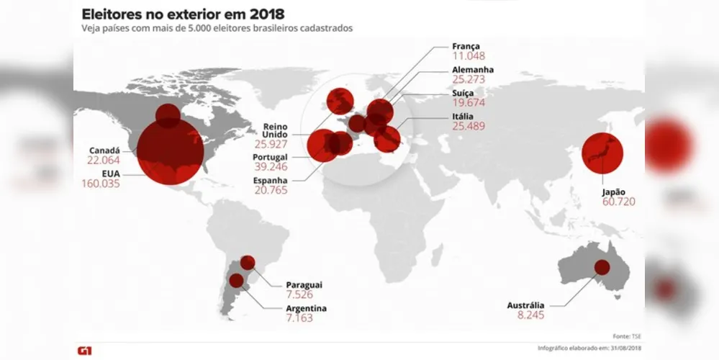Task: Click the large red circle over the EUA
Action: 170,151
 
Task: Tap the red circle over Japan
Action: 602,153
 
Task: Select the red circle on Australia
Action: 602,267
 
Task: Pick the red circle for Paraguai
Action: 248,263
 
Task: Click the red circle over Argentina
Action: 236,280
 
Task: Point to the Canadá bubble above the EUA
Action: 168,116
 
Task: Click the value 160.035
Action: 101,184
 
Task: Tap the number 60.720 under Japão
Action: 618,202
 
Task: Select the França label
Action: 466,46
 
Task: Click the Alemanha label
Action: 473,70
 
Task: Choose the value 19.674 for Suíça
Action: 468,103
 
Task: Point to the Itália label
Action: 463,117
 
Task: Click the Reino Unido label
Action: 275,130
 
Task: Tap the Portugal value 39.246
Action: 271,167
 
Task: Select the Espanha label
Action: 270,180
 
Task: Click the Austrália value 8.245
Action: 531,315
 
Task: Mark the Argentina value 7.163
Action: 299,318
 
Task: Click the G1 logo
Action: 84,351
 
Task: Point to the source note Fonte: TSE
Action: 627,337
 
